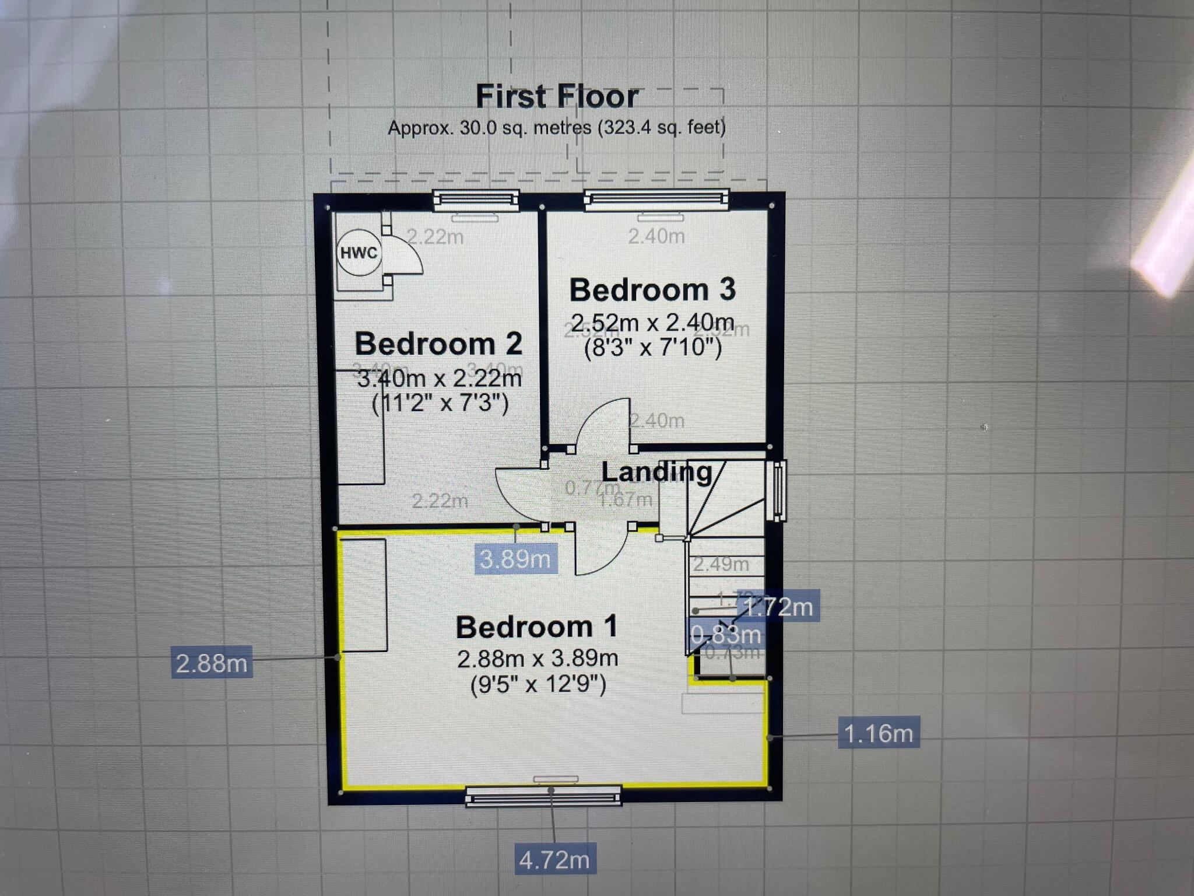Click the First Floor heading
click(x=557, y=97)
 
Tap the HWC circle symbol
click(x=359, y=253)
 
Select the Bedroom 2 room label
click(x=438, y=344)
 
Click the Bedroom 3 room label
click(x=652, y=290)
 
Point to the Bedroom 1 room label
click(x=536, y=627)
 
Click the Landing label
click(x=656, y=472)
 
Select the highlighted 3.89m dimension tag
click(x=515, y=559)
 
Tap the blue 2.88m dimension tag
click(x=212, y=663)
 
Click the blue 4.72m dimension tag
click(x=554, y=860)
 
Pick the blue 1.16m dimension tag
click(x=879, y=733)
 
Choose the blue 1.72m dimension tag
click(x=779, y=607)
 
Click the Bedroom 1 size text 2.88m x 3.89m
click(x=538, y=659)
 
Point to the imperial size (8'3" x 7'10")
click(x=653, y=348)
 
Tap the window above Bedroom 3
click(x=656, y=199)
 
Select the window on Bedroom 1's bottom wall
click(x=543, y=796)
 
